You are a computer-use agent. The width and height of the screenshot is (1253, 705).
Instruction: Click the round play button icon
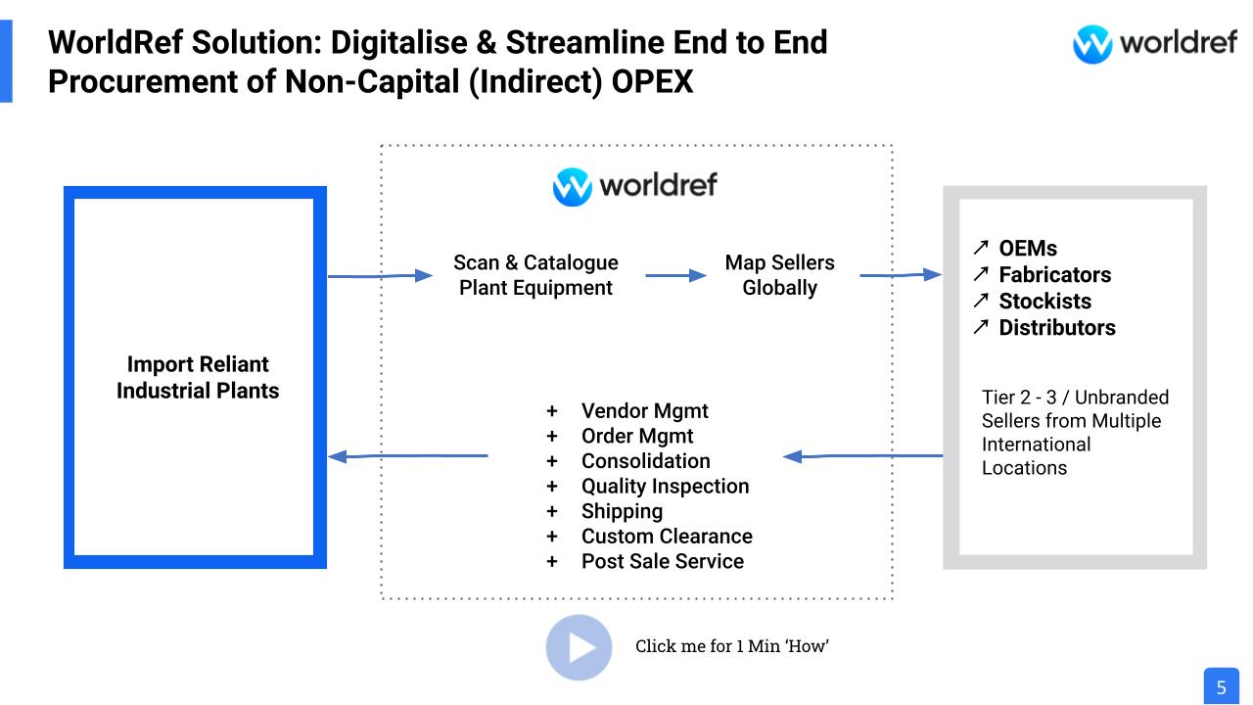(x=579, y=647)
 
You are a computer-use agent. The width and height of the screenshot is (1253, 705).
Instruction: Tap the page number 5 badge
(x=1221, y=686)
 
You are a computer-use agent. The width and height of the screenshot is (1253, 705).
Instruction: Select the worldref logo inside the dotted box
(x=635, y=186)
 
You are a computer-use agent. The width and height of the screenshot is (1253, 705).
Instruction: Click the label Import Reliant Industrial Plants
(x=198, y=377)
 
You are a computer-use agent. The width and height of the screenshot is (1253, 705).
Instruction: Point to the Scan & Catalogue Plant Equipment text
(x=535, y=275)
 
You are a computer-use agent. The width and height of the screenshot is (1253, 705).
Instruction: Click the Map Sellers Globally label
(x=779, y=275)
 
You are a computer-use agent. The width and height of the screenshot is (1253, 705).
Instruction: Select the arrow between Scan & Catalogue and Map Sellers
(x=675, y=276)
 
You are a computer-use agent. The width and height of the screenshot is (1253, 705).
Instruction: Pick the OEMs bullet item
(x=1027, y=249)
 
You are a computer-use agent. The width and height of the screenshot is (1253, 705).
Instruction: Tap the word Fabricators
(x=1054, y=275)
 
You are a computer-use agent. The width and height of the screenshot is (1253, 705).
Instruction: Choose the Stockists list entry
(x=1044, y=302)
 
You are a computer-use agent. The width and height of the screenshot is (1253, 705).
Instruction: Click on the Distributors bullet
(x=1056, y=328)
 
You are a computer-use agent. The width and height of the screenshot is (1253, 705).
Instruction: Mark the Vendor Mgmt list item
(x=644, y=411)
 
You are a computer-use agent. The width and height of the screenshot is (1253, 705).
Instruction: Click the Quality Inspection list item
(x=665, y=487)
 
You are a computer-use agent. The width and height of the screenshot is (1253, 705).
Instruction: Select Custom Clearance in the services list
(x=667, y=537)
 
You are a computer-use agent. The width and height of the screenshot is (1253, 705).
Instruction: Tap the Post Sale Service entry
(x=662, y=562)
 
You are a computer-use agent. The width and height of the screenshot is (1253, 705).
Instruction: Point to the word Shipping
(x=622, y=511)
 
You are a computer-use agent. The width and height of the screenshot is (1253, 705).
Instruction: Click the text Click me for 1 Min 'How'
(x=731, y=646)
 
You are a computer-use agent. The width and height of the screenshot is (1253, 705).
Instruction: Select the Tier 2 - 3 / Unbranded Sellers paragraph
(x=1075, y=432)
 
